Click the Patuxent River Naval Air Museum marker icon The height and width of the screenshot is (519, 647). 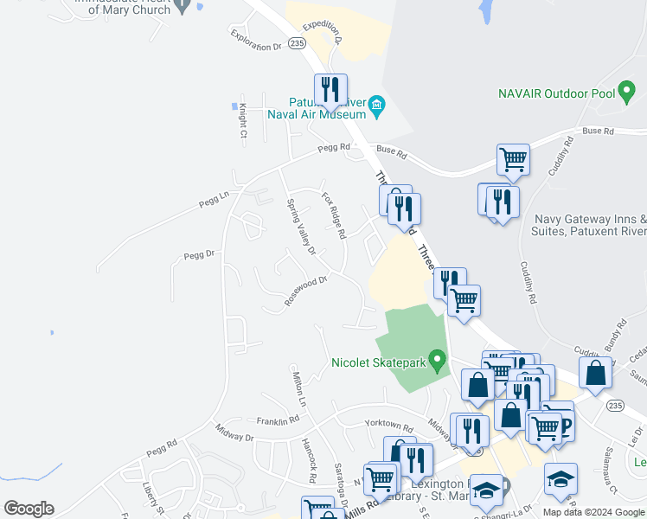tap(377, 107)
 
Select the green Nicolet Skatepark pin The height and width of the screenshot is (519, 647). tap(438, 358)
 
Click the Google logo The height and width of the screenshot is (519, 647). tap(29, 509)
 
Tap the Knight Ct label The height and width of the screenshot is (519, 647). tap(244, 120)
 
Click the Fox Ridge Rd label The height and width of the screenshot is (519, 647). tap(334, 215)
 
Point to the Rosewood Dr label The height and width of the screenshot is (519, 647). tap(306, 290)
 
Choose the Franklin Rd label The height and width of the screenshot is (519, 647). tap(277, 420)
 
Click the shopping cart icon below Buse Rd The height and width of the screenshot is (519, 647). tap(513, 159)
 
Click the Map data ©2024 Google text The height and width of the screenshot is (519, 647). tap(593, 512)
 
